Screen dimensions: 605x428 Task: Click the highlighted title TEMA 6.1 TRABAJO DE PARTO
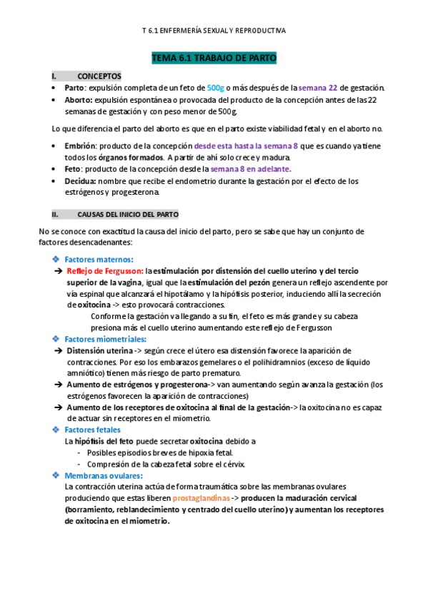click(214, 58)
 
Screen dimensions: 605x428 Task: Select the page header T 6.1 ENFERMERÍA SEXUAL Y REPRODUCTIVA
click(214, 31)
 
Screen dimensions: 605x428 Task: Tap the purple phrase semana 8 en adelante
click(250, 169)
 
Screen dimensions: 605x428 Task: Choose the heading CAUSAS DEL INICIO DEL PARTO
click(128, 214)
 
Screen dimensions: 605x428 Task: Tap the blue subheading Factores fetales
click(92, 429)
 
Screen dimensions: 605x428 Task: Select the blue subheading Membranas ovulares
click(103, 475)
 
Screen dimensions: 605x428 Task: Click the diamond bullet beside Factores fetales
click(56, 429)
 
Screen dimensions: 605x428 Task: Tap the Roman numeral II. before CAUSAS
click(55, 214)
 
